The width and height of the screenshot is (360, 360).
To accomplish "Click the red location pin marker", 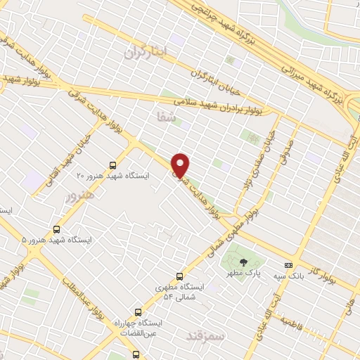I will pos(181,165).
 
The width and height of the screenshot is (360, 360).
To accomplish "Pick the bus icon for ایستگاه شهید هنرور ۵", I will pos(56,229).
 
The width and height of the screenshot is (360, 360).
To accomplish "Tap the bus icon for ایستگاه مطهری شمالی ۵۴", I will pos(180,276).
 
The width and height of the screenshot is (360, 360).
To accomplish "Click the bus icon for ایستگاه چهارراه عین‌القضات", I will pos(138,311).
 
